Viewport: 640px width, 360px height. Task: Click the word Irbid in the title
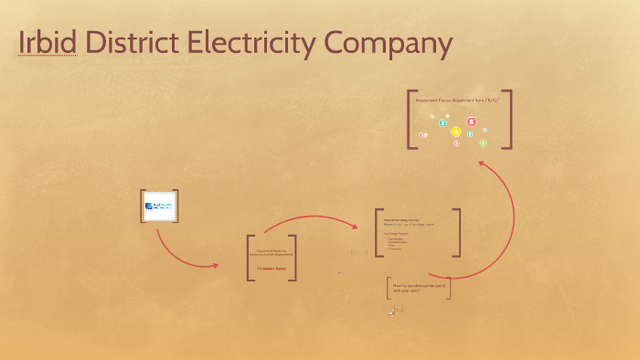47,43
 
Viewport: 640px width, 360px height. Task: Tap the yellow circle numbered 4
456,132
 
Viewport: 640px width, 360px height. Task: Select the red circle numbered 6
472,122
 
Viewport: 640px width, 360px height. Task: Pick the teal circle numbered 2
443,123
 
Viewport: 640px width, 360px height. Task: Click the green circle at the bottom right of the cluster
484,143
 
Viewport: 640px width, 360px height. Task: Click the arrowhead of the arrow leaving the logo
216,266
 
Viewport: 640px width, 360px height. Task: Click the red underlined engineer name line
272,269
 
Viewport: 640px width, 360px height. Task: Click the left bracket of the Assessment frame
411,119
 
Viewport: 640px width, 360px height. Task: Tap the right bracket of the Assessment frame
508,119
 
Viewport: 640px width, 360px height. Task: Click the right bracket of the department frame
293,258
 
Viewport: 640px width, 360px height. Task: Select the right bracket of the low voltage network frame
457,232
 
